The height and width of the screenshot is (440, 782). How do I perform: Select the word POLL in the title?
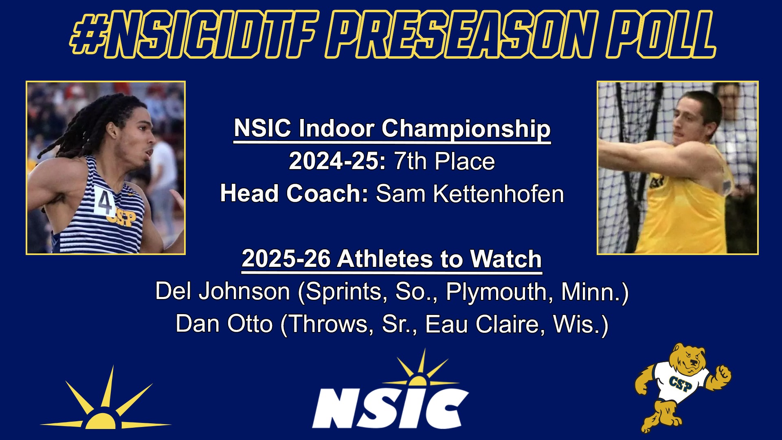[x=661, y=35]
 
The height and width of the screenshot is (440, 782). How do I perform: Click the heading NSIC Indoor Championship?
[x=392, y=129]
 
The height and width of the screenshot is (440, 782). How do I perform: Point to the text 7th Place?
[x=444, y=161]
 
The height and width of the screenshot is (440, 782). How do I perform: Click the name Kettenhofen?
[x=498, y=194]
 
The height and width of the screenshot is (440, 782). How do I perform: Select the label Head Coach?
[x=294, y=194]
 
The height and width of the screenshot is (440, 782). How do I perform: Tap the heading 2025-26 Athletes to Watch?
[x=391, y=259]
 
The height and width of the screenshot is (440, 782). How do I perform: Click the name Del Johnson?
[x=222, y=292]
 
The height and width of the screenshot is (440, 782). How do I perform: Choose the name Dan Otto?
[x=224, y=324]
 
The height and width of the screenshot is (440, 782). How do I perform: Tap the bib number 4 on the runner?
[x=105, y=201]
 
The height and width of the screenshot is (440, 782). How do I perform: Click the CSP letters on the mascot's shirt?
[x=680, y=383]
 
